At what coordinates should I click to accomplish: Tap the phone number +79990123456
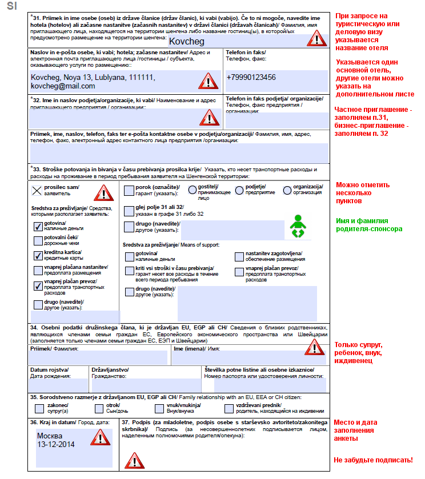251,77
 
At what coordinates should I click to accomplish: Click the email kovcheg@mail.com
63,86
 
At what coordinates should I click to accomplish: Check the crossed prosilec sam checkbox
37,191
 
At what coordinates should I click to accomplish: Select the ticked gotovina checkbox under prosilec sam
38,226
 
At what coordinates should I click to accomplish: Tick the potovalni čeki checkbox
38,240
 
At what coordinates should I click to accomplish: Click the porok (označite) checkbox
129,190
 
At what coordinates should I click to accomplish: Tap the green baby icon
297,227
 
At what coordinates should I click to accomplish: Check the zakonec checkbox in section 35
39,408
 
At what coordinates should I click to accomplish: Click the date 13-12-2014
56,444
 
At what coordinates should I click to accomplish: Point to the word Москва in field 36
50,436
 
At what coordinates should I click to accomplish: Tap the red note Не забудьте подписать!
372,460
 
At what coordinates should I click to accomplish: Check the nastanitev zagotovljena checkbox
239,256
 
